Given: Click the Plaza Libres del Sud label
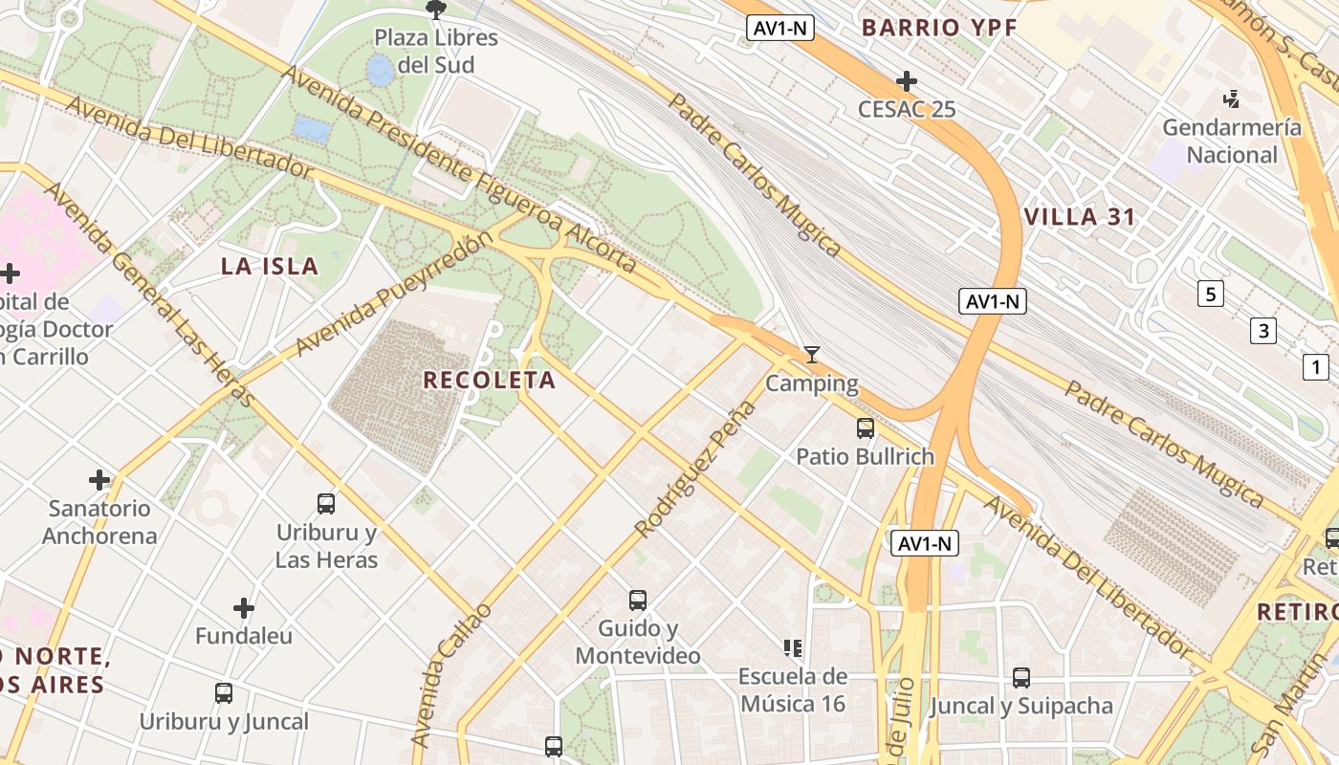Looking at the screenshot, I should [436, 52].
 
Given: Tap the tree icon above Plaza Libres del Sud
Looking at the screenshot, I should [436, 11].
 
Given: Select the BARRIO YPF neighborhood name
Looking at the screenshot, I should [938, 28].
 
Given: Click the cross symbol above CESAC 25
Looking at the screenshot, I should [907, 81].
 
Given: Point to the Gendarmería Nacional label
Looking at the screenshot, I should [1232, 141].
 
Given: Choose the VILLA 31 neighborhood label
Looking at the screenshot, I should [1080, 217].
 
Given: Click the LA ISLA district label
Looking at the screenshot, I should [270, 266].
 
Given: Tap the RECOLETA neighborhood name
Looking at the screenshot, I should [490, 380].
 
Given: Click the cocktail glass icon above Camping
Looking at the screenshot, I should [812, 355].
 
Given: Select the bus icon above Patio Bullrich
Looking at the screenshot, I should [866, 427].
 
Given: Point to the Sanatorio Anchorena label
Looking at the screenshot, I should [99, 521].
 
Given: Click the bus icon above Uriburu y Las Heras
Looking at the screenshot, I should [326, 503].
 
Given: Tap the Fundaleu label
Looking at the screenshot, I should [244, 635].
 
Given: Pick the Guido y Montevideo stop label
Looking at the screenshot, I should [638, 643].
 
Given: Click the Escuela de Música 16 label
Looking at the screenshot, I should [792, 689].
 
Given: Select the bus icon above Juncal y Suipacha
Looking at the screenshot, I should [1021, 678].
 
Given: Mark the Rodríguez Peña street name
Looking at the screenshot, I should [695, 470].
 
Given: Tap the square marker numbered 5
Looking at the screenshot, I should [1211, 294].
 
